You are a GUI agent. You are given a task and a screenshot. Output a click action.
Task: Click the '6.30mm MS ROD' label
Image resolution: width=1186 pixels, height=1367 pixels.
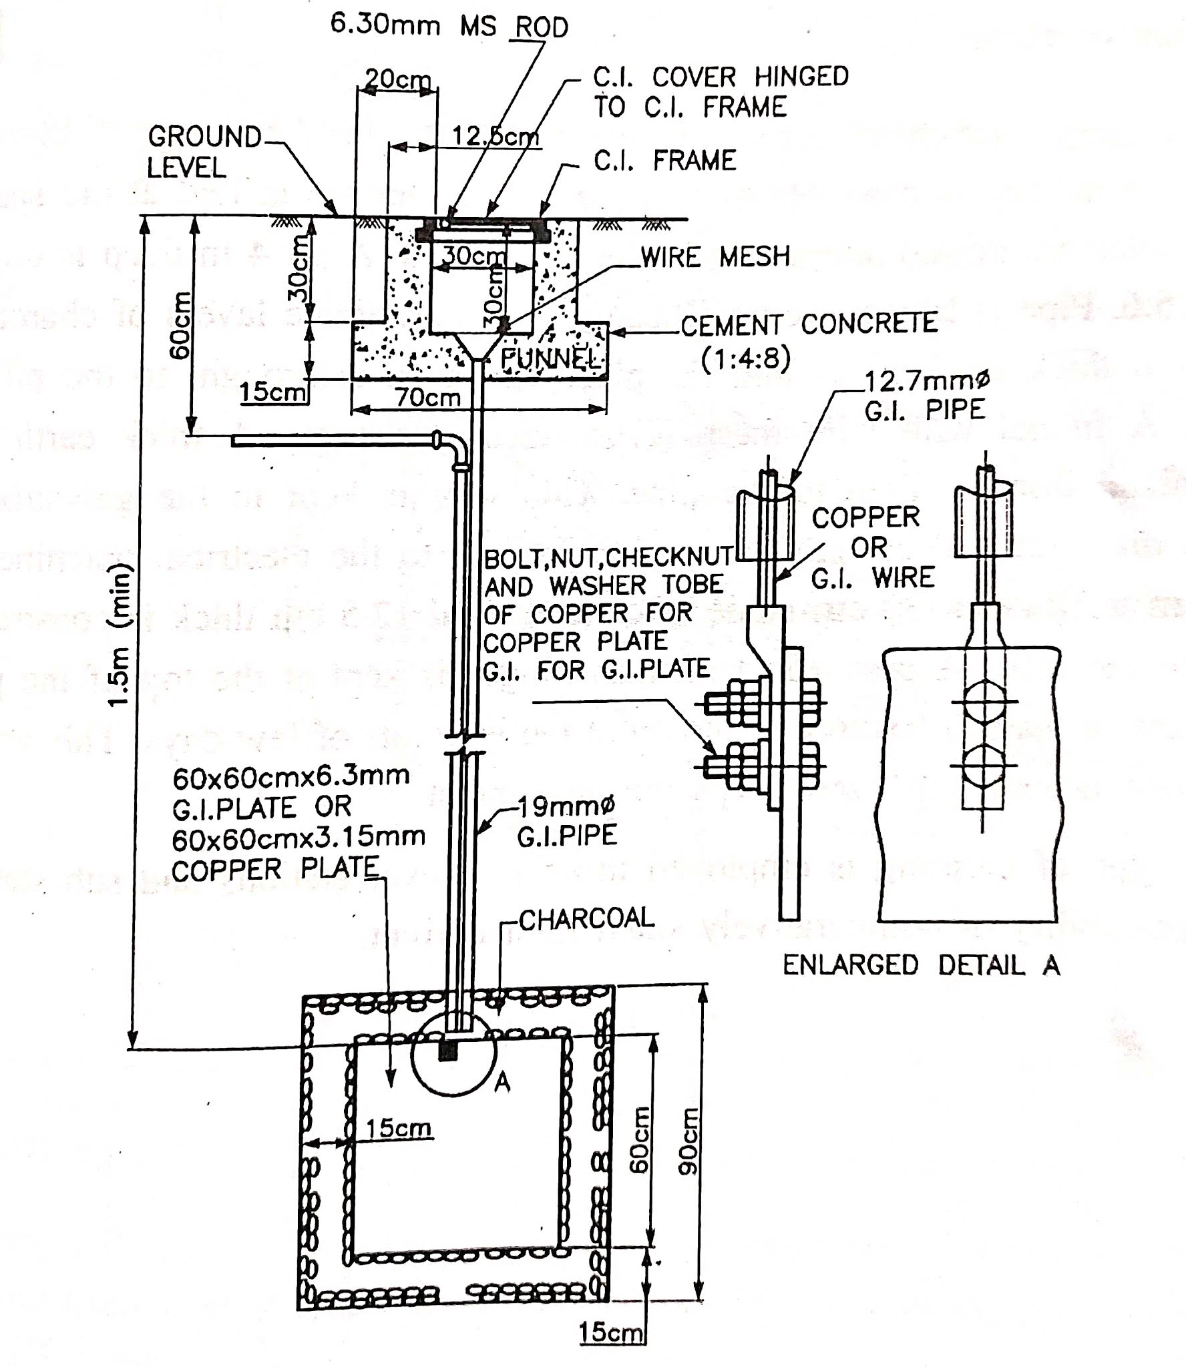[x=449, y=25]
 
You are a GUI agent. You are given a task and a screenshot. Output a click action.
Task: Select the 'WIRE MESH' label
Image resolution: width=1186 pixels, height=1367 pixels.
[x=715, y=257]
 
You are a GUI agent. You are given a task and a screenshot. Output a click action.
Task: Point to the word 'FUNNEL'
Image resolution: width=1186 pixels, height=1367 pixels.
[x=552, y=358]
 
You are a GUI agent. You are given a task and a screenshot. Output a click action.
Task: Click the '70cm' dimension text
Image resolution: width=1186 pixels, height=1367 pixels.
[x=427, y=398]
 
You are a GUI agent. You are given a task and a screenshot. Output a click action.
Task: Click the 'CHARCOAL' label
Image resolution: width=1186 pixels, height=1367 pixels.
[x=586, y=919]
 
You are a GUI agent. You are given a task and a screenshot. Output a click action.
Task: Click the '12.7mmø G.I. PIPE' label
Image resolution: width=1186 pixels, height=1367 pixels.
[x=926, y=395]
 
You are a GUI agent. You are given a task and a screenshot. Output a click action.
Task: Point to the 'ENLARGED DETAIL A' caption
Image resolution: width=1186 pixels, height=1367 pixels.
[x=921, y=966]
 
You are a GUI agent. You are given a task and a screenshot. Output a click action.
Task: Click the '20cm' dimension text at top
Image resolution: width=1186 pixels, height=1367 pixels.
[x=397, y=81]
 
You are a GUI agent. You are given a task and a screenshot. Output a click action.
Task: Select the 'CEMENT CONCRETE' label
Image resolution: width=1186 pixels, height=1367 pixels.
[x=809, y=324]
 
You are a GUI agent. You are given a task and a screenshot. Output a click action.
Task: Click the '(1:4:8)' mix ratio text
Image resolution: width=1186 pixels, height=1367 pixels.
[x=746, y=358]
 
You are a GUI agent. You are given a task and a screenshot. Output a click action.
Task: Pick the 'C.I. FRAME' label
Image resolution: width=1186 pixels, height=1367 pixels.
[x=664, y=161]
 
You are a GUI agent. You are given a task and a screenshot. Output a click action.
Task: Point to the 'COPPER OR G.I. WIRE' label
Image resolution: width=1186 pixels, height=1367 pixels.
[x=873, y=547]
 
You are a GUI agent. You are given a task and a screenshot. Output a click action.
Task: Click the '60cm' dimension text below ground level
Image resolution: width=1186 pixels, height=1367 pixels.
[x=180, y=324]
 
